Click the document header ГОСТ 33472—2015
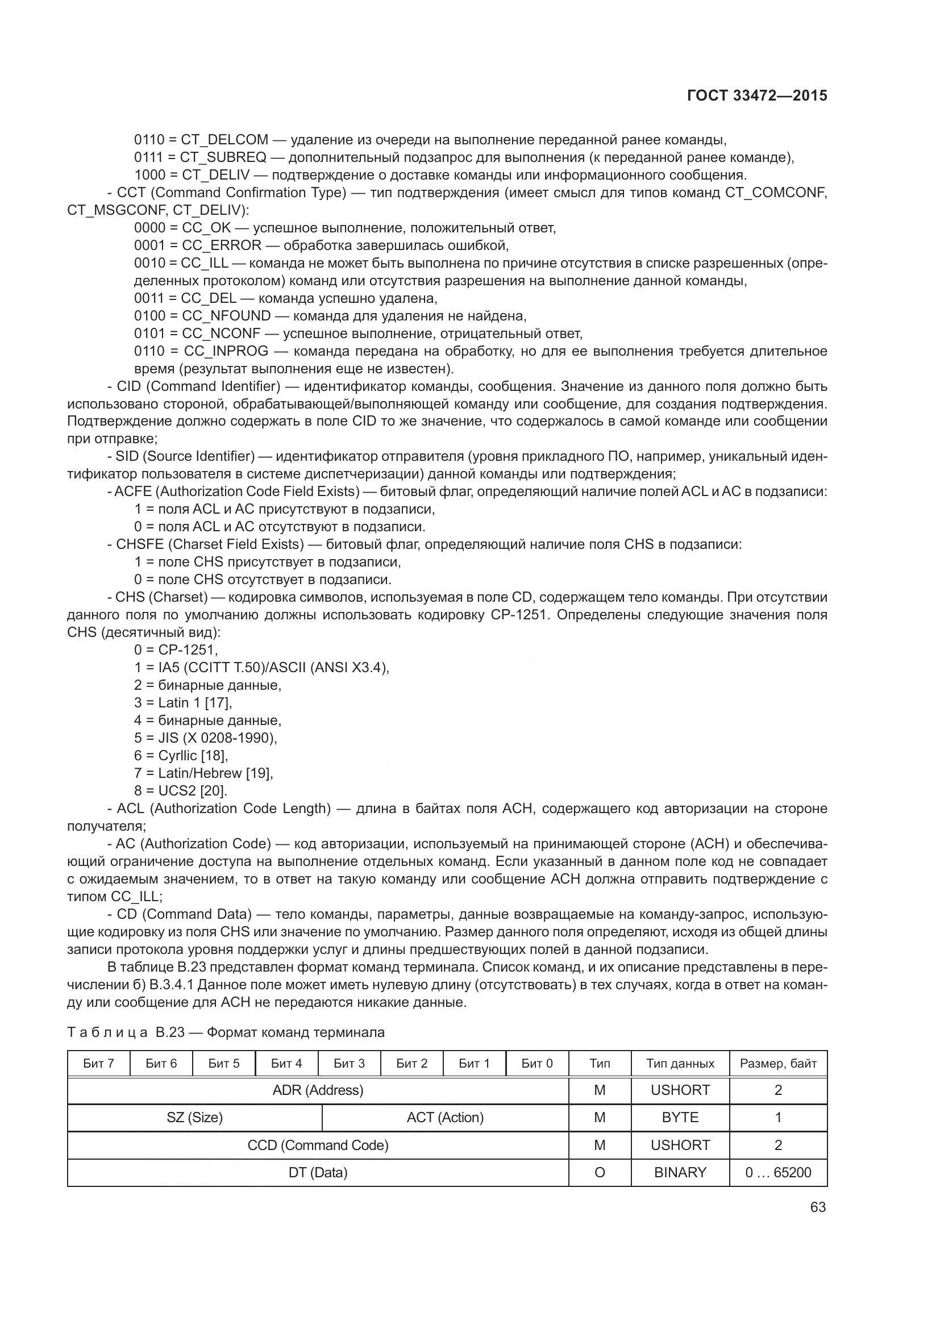(x=756, y=96)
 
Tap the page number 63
(x=817, y=1207)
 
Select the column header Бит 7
(x=98, y=1063)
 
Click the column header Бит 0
(x=536, y=1063)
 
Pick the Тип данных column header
(x=680, y=1063)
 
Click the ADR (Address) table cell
(x=318, y=1090)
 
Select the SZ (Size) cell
(x=194, y=1118)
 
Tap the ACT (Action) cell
(x=444, y=1118)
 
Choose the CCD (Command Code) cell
(x=318, y=1145)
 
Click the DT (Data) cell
(x=318, y=1173)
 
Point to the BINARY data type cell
(x=680, y=1173)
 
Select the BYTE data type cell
(x=680, y=1118)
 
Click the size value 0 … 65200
(x=778, y=1173)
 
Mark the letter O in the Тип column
(x=600, y=1173)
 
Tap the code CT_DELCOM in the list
(x=224, y=140)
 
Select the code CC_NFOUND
(x=226, y=316)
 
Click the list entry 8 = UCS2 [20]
(x=181, y=791)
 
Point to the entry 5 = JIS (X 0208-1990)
(x=206, y=738)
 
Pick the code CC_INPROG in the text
(x=226, y=351)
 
